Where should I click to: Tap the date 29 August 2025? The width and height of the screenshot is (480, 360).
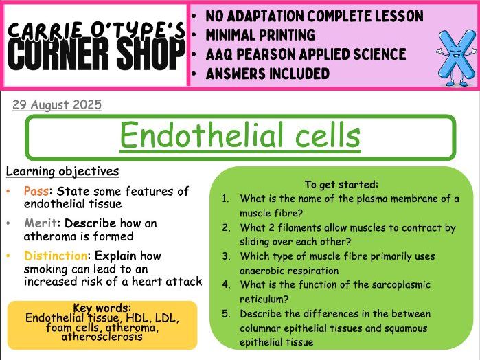click(57, 105)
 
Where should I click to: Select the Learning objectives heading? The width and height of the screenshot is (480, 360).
click(62, 171)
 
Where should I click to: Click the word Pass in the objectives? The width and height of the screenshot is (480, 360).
click(35, 191)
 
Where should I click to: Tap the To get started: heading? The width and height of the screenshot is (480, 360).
click(341, 184)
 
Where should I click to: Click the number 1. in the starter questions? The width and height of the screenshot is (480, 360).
click(226, 199)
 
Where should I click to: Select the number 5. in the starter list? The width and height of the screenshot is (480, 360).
click(226, 315)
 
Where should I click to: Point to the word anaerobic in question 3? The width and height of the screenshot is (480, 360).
click(266, 271)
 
